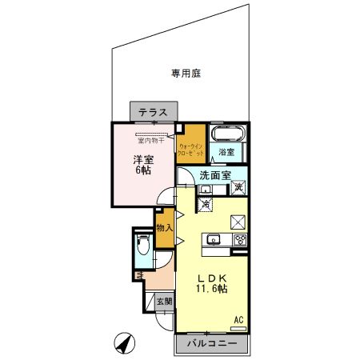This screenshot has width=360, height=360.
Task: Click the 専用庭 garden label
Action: pos(185,74)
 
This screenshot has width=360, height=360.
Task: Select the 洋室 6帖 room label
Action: pos(143,164)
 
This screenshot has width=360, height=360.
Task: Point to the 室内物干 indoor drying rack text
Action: pos(150,141)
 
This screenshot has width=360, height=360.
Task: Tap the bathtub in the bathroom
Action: pos(227,134)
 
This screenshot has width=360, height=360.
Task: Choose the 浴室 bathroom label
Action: pos(226,152)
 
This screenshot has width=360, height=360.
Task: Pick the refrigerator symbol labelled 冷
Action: pos(205,204)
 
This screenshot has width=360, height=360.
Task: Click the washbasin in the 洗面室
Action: pos(205,190)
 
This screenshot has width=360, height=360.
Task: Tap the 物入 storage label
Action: pos(164,228)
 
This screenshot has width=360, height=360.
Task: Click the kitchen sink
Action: pos(214,238)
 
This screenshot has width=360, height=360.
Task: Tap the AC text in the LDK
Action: pos(238,320)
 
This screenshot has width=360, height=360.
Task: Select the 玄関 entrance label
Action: pos(164,302)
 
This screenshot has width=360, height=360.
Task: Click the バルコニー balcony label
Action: pos(212,343)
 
